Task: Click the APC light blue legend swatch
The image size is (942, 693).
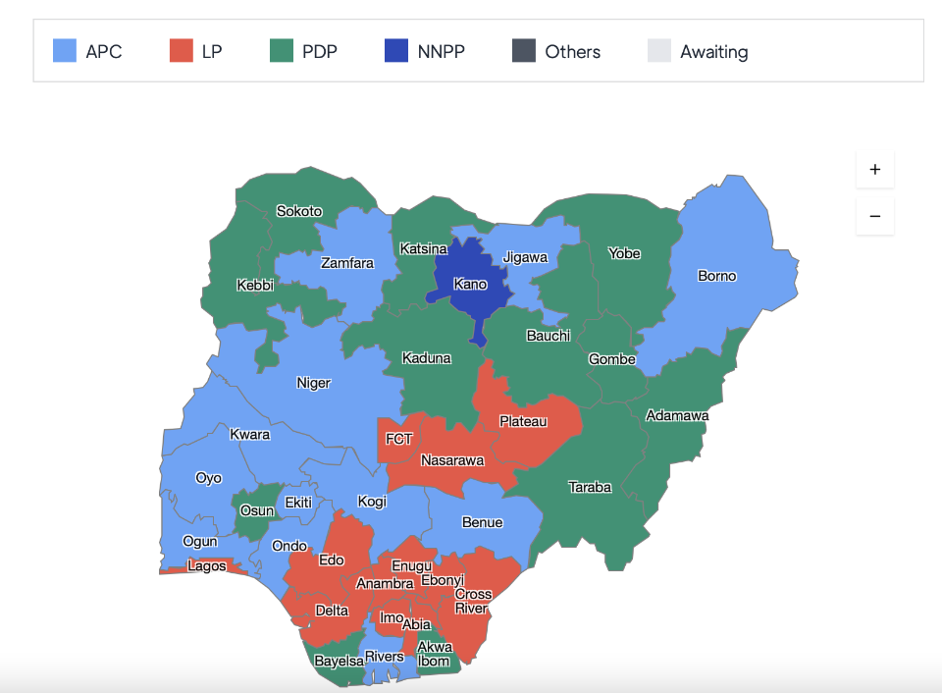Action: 64,51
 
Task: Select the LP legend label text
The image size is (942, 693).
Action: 212,52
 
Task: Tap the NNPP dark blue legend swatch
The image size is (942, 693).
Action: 395,51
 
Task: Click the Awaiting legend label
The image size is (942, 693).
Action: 713,52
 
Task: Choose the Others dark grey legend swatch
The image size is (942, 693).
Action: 524,51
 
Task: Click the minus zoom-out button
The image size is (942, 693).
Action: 874,216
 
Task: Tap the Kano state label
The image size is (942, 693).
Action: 470,285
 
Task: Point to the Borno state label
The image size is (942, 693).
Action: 716,276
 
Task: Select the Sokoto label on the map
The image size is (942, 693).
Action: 299,211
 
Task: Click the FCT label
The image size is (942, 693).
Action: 399,439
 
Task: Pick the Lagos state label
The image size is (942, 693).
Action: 207,565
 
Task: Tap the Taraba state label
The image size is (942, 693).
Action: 590,487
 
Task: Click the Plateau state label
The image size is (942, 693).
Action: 523,421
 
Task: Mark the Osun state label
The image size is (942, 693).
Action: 257,510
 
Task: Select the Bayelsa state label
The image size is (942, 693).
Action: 339,662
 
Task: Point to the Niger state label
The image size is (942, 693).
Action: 314,383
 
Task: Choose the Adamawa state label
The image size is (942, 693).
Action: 677,416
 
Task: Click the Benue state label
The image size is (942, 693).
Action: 482,522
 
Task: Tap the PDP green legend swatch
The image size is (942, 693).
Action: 282,51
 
